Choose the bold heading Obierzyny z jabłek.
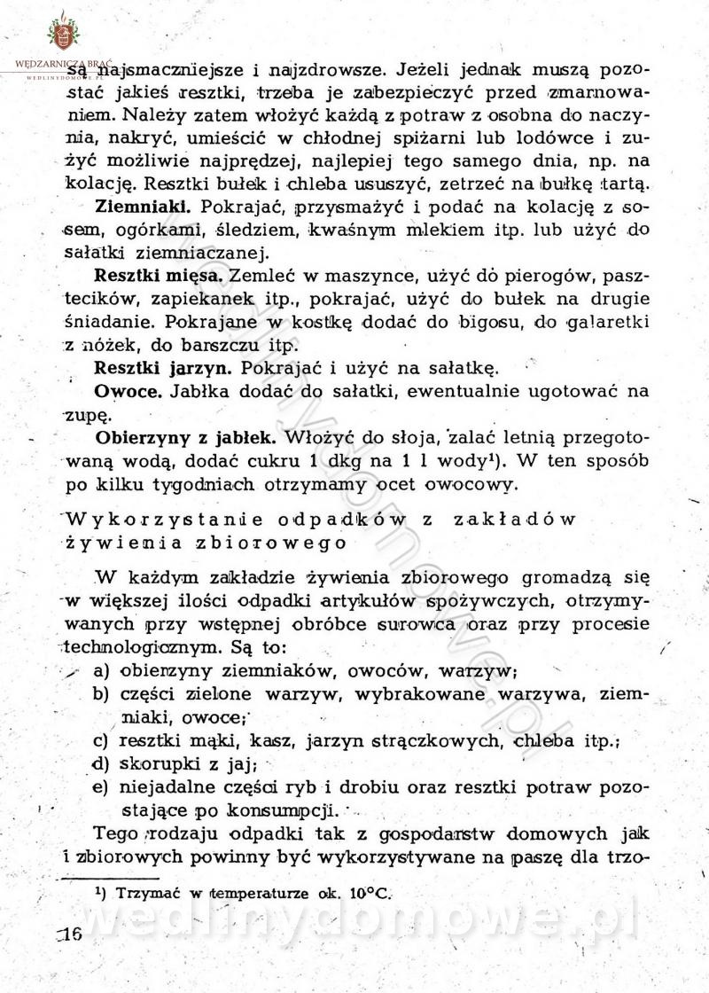click(x=183, y=437)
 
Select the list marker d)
click(x=104, y=763)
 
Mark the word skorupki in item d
click(x=156, y=763)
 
